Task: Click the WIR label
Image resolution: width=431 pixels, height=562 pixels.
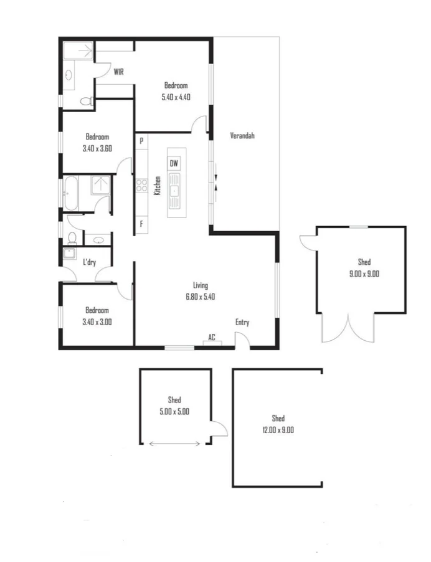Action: pos(118,72)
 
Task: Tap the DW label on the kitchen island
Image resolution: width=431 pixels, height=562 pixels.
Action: pos(175,164)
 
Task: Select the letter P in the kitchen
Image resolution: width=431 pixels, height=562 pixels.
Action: pos(142,141)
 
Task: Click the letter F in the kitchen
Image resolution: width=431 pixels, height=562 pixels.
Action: pos(142,224)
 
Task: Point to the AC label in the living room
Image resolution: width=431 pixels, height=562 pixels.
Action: pos(212,337)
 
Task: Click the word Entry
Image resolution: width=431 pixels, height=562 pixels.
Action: pos(242,322)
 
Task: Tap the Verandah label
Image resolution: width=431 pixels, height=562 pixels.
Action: pos(242,135)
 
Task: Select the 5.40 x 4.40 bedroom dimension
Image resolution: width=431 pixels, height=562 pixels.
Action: pos(176,97)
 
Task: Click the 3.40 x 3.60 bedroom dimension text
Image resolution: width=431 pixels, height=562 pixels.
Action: pos(97,149)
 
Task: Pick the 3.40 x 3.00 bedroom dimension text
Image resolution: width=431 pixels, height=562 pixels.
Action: pos(97,322)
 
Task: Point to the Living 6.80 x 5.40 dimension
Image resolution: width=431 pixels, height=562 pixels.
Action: pos(199,297)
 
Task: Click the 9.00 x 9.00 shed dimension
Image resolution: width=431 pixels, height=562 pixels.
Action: pos(364,274)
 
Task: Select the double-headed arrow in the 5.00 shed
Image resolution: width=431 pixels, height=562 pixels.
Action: pos(175,444)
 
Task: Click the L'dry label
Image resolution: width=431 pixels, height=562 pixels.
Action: pos(89,262)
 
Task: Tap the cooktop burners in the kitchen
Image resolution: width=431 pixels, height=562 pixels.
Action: pos(141,185)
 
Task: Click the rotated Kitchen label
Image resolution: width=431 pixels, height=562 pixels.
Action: pos(158,185)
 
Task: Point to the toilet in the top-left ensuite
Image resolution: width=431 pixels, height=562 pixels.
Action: pos(86,100)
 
